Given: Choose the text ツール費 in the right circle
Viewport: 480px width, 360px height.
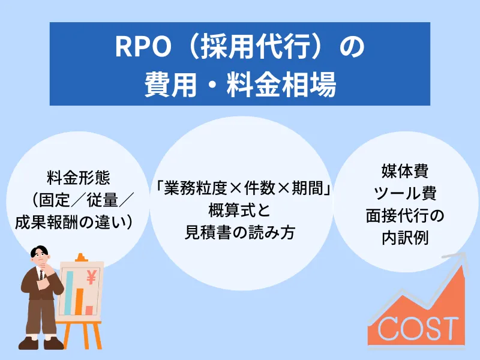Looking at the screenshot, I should click(x=405, y=193).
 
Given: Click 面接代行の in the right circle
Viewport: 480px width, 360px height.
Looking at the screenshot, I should click(x=405, y=215).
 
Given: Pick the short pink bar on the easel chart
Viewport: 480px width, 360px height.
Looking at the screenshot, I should click(x=89, y=310).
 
